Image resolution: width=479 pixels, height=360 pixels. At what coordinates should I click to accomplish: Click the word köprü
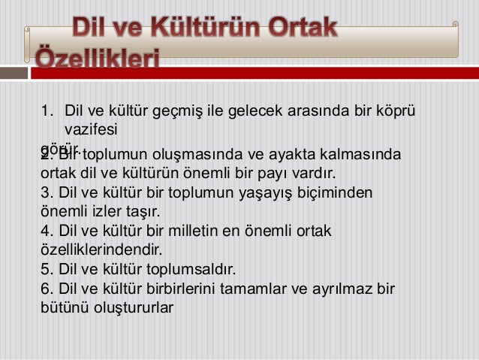click(x=396, y=113)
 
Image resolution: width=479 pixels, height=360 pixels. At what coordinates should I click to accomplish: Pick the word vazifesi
click(x=91, y=129)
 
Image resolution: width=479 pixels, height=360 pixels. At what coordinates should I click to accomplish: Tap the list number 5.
click(x=45, y=268)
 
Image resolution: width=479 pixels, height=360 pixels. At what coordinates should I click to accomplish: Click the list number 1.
click(x=45, y=113)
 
